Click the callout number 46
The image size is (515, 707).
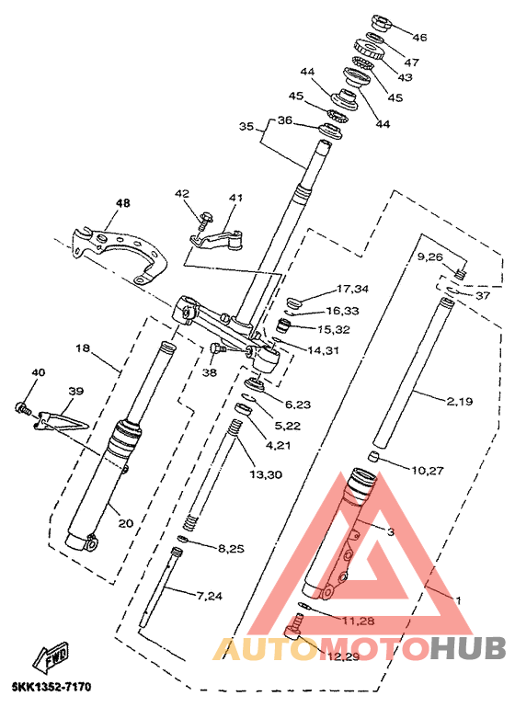419,37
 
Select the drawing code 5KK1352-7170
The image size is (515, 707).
51,687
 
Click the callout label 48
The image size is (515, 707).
122,203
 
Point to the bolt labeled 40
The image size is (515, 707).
23,408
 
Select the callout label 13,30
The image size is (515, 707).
266,473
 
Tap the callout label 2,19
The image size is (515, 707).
460,401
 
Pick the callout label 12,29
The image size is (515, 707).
344,656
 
